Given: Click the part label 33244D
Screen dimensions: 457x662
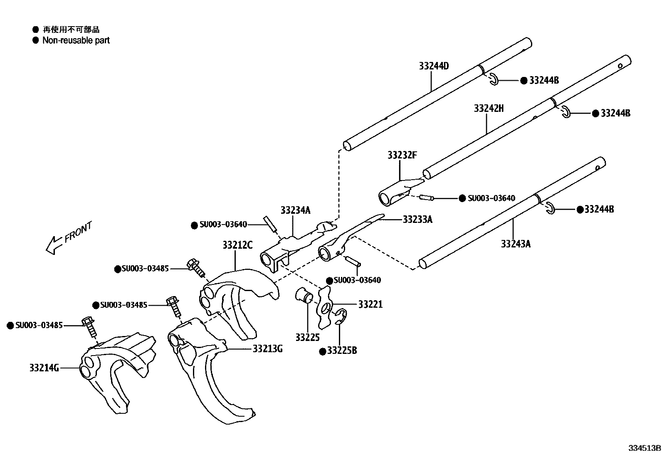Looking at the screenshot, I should [x=434, y=66].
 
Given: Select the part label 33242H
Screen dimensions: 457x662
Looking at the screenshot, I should [x=489, y=109].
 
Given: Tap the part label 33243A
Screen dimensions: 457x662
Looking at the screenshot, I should [x=516, y=244].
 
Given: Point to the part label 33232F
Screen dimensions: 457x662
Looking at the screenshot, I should [x=402, y=155].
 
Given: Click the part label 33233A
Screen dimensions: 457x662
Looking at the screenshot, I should [x=417, y=219].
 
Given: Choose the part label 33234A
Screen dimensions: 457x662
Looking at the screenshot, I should [x=295, y=210].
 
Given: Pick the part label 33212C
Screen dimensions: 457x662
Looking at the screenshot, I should [x=237, y=245].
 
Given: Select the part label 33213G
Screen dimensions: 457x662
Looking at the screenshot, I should [x=267, y=348].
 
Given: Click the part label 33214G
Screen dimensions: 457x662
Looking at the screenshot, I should [x=44, y=368].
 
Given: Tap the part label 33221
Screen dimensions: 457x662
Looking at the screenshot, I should [x=370, y=304].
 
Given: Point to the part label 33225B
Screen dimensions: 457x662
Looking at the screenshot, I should [x=342, y=351].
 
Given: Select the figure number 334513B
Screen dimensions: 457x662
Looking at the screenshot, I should [x=644, y=448].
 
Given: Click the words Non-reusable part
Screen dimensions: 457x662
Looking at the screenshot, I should [x=76, y=40].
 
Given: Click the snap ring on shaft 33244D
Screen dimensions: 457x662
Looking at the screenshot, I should [x=493, y=79].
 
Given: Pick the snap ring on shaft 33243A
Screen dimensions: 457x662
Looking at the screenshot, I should [x=550, y=208].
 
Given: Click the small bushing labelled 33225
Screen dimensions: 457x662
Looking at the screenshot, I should [x=304, y=295].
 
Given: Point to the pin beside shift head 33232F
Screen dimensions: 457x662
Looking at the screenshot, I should [x=426, y=198].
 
